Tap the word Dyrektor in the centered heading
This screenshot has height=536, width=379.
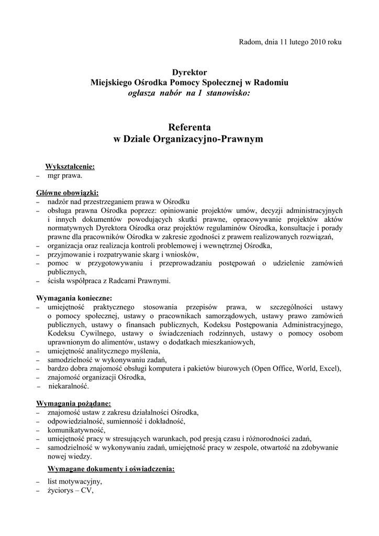(189, 72)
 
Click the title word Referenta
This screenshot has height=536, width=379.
(189, 127)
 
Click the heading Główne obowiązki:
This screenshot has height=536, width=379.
(67, 193)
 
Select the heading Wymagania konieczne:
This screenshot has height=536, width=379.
(71, 297)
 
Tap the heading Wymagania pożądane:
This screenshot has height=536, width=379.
(73, 404)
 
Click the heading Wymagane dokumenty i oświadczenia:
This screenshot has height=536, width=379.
(111, 468)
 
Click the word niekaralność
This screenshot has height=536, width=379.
(68, 386)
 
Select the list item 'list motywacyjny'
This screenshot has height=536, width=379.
(74, 482)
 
